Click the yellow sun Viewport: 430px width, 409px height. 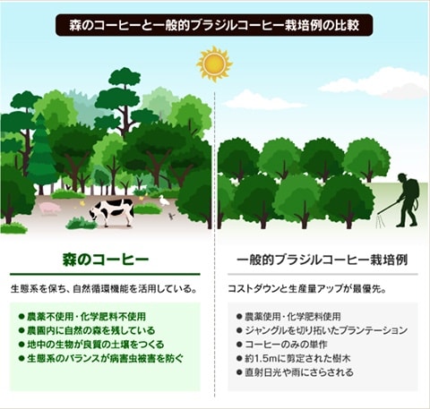point(214,64)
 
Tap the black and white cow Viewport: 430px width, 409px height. point(111,211)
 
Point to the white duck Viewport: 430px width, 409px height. point(164,200)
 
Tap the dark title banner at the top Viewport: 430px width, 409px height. point(214,25)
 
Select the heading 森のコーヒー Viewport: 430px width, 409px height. point(106,260)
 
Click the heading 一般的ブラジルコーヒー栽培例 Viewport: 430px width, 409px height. point(322,260)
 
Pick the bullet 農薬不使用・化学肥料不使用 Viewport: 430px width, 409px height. point(82,317)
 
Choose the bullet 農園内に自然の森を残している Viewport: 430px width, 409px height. point(87,330)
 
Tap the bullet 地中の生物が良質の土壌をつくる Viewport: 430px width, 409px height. point(91,345)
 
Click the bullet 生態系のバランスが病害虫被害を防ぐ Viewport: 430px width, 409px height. point(100,358)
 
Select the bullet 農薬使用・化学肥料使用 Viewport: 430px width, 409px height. point(288,317)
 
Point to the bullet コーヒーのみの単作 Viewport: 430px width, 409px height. point(282,345)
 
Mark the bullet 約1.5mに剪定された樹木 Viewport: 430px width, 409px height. point(293,358)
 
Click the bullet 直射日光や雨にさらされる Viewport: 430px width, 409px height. point(295,372)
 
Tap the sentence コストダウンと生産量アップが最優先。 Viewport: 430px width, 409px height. point(306,289)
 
